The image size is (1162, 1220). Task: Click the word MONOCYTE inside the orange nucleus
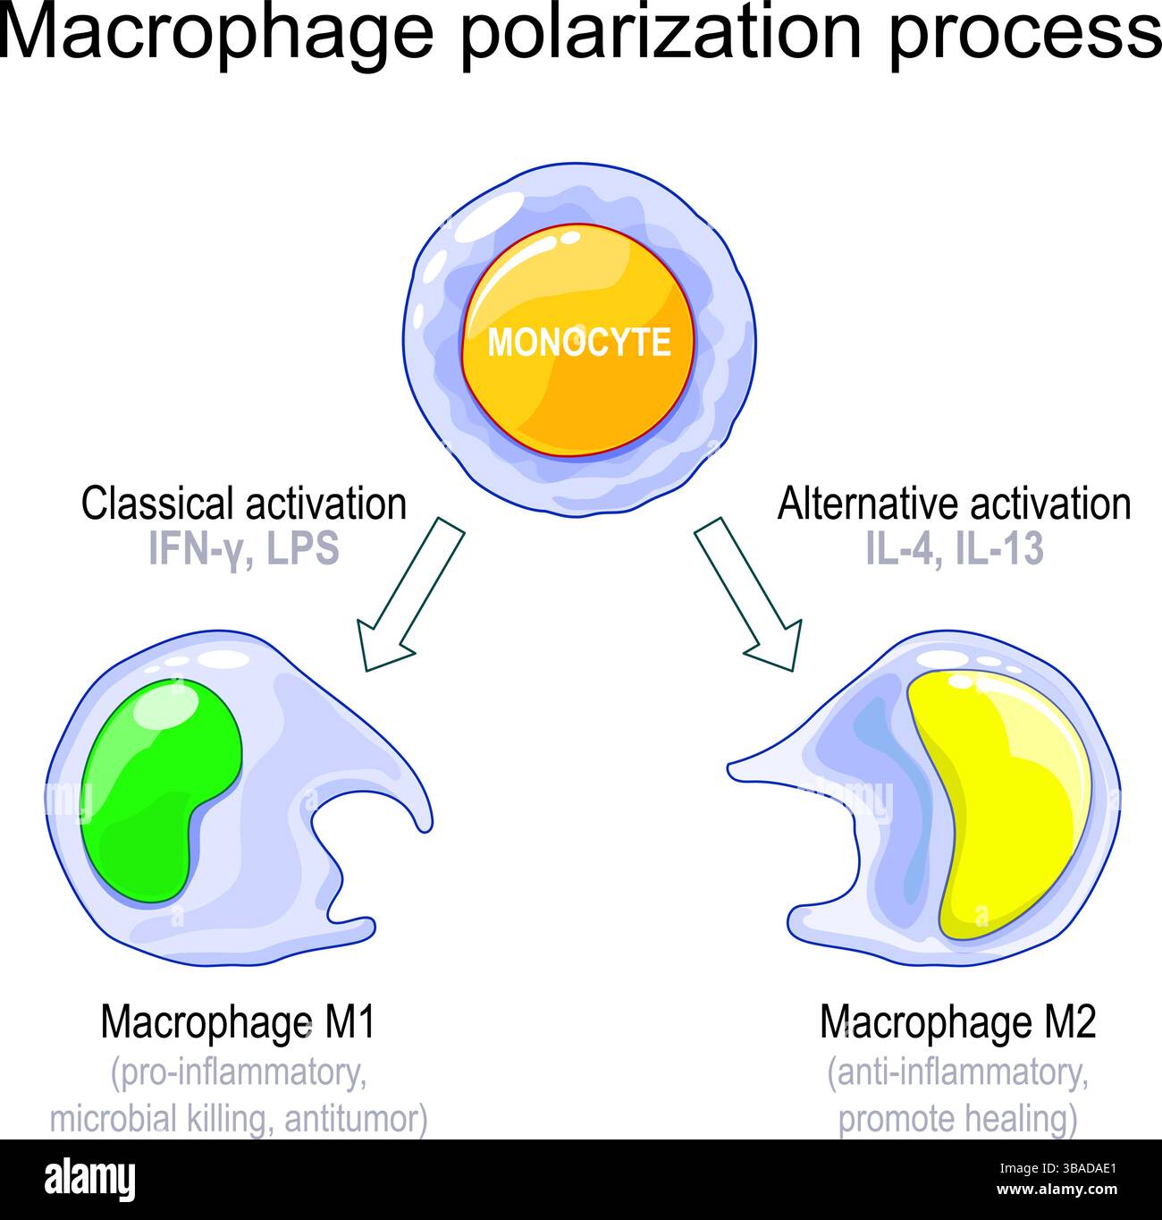pyautogui.click(x=578, y=343)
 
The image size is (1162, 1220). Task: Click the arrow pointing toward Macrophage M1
pyautogui.click(x=408, y=594)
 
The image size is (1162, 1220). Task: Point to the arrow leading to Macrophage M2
pyautogui.click(x=748, y=594)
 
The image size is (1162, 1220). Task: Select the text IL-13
pyautogui.click(x=999, y=549)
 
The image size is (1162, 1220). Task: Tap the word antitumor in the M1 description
pyautogui.click(x=355, y=1119)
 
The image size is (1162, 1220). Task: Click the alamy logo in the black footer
pyautogui.click(x=89, y=1179)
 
